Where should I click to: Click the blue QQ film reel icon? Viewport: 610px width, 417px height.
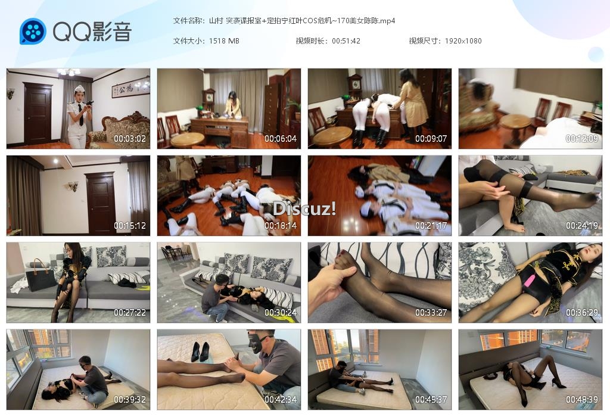tap(33, 31)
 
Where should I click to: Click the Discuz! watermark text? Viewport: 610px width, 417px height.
tap(304, 209)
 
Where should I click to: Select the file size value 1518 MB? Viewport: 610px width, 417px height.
tap(224, 41)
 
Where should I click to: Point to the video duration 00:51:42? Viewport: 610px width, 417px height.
tap(346, 41)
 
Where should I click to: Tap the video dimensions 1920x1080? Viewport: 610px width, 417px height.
tap(463, 41)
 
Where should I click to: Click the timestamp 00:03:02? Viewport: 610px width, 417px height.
tap(129, 139)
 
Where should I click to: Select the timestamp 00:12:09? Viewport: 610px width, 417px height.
tap(581, 139)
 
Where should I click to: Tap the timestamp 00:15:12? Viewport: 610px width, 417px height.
tap(129, 226)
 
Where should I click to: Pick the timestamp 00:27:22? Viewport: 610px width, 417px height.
tap(129, 313)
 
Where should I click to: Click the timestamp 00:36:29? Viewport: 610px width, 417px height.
tap(581, 313)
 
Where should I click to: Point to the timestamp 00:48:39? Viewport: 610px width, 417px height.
tap(581, 400)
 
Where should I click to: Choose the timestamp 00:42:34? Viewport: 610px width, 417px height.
tap(281, 400)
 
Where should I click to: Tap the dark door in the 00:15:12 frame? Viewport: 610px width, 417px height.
tap(100, 203)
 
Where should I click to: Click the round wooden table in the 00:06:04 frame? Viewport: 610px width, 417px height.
tap(188, 139)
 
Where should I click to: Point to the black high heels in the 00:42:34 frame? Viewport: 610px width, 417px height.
tap(200, 351)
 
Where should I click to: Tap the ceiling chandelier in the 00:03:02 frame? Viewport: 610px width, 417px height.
tap(69, 72)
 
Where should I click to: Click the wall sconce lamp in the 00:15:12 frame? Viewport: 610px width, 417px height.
tap(73, 186)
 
